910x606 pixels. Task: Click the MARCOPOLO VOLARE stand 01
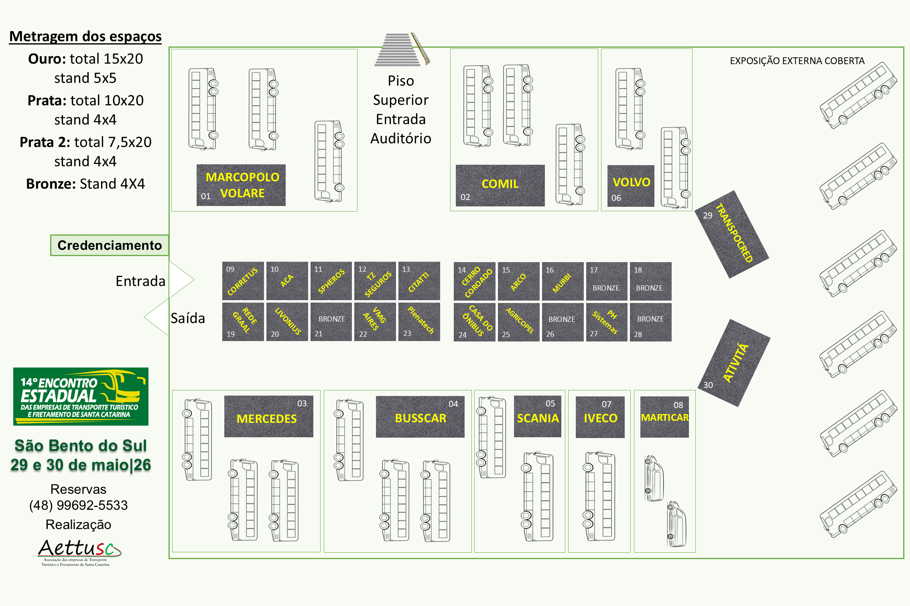coord(241,185)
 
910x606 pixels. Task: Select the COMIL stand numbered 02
coord(500,185)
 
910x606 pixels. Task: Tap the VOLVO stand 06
coord(631,186)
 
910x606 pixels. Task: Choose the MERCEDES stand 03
coord(268,416)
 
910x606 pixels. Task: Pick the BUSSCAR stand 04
coord(420,417)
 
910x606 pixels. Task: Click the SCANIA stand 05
coord(538,416)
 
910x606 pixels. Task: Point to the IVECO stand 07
coord(600,417)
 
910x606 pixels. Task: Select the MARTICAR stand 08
coord(664,417)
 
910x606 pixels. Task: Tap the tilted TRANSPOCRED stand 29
coord(732,234)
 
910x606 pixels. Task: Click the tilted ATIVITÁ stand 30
coord(734,363)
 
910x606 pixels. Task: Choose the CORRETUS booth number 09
coord(243,281)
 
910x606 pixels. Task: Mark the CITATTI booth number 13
coord(419,281)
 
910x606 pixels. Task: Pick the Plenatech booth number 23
coord(419,322)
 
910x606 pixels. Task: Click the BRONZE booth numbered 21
coord(331,322)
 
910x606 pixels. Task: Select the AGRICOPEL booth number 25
coord(518,322)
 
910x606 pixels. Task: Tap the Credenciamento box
coord(110,245)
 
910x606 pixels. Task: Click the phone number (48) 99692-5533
coord(79,505)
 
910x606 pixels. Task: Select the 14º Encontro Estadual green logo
coord(81,396)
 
